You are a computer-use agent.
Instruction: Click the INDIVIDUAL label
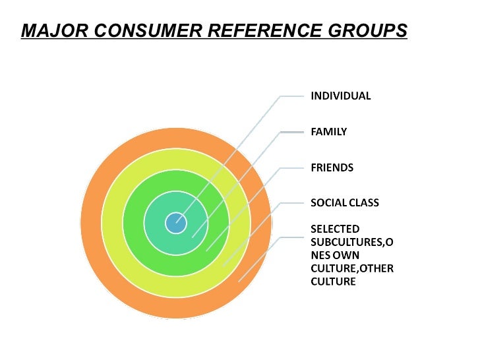[x=340, y=96]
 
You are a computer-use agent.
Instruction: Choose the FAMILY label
[x=328, y=132]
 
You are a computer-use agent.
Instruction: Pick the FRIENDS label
[x=332, y=167]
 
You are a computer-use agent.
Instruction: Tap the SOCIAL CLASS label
[x=345, y=203]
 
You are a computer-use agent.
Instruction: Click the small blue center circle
[x=175, y=223]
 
